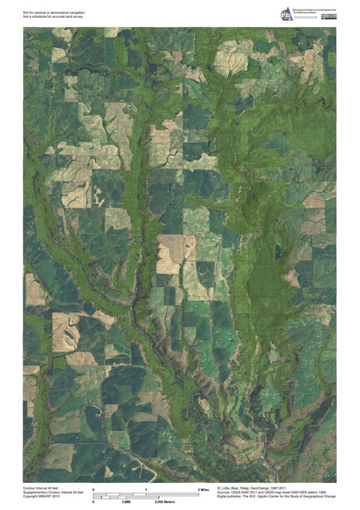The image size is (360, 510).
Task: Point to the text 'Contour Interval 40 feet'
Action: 41,487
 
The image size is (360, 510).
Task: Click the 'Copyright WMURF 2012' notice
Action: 41,496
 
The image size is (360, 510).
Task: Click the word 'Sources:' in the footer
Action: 223,492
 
